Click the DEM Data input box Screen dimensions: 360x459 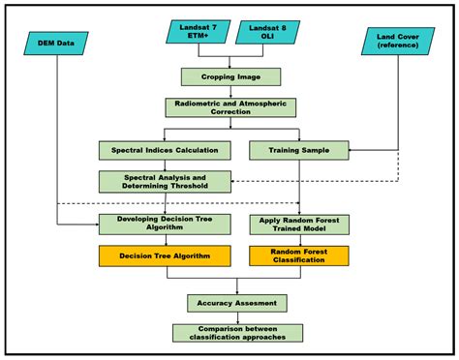click(x=56, y=42)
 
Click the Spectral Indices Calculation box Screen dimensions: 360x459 click(x=165, y=150)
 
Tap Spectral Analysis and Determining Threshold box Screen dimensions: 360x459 click(x=165, y=181)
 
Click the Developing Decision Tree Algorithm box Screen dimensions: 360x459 click(x=165, y=225)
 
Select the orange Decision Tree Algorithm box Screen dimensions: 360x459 click(x=165, y=257)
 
